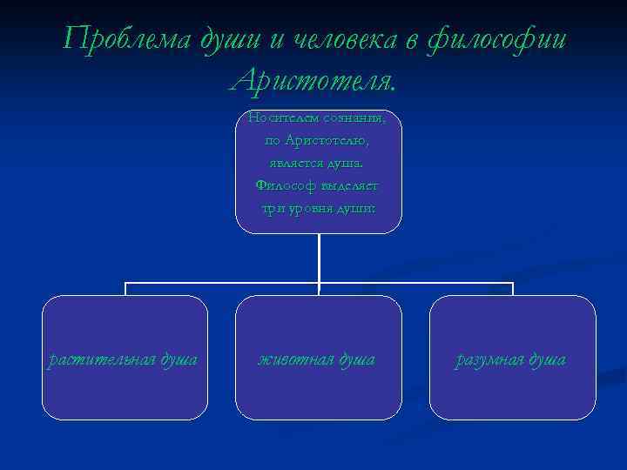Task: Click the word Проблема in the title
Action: [x=117, y=40]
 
